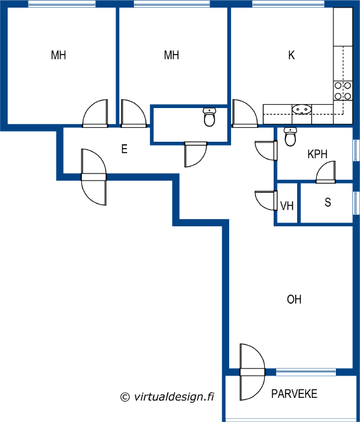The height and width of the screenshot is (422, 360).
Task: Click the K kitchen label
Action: click(x=291, y=55)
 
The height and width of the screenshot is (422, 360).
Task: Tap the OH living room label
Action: click(x=294, y=299)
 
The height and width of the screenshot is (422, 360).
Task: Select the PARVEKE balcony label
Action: click(x=294, y=394)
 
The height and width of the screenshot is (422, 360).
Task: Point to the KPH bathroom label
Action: click(x=317, y=154)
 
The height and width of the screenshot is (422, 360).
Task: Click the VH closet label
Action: click(x=286, y=206)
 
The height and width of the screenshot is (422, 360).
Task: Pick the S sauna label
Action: click(x=328, y=202)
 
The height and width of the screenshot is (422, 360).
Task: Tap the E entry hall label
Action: click(x=124, y=149)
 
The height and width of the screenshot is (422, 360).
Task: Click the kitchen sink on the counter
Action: click(x=302, y=109)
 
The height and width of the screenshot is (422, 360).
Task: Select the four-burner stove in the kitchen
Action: click(x=343, y=91)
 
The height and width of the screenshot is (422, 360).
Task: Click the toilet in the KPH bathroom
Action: click(x=290, y=137)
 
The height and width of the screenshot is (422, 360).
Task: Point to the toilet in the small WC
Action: click(x=210, y=117)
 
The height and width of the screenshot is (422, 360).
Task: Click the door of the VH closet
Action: click(x=266, y=200)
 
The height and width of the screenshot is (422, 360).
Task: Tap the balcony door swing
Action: click(x=252, y=372)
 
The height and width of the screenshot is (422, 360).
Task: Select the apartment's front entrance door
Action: click(x=94, y=177)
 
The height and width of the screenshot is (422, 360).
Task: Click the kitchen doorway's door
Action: click(x=244, y=113)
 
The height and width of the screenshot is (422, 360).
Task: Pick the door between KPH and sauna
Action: click(x=326, y=172)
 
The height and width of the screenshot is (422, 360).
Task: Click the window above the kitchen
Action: click(x=288, y=4)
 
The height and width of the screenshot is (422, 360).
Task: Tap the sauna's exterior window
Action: click(x=356, y=203)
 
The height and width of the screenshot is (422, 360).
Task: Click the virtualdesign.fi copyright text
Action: click(x=167, y=397)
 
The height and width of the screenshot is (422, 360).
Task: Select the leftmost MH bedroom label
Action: click(x=58, y=55)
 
